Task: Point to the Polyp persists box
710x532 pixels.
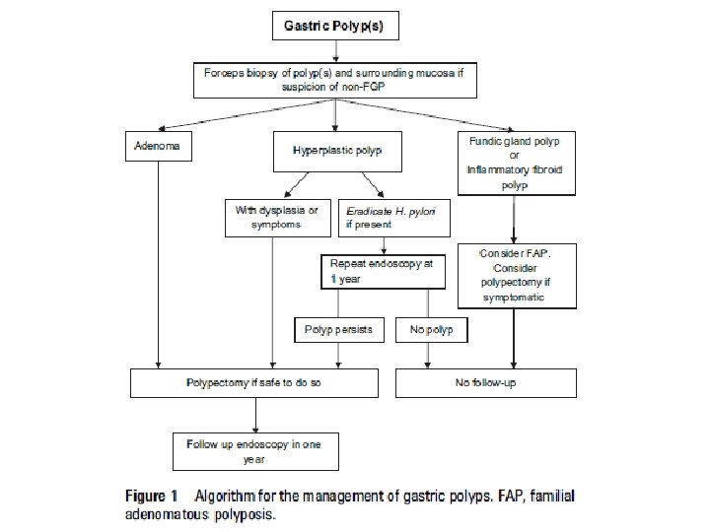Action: click(338, 329)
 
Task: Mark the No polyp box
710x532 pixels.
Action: click(431, 329)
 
